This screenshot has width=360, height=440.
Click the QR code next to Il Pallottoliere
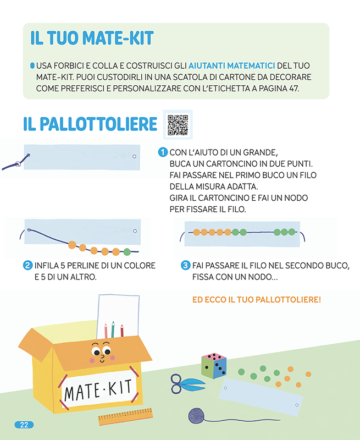coord(178,125)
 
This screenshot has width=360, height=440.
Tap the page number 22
coord(24,425)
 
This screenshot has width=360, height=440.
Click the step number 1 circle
coord(163,152)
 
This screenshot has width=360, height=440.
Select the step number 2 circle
coord(27,265)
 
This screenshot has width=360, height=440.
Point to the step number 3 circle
coord(185,265)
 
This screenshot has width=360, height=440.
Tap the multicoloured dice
coord(214,366)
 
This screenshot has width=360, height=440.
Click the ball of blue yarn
coord(197,416)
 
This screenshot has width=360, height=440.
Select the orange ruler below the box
coord(126,416)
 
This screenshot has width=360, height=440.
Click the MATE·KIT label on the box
coord(98,390)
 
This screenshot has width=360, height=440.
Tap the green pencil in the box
coord(113,329)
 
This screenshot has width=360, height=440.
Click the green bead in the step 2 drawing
coord(127,252)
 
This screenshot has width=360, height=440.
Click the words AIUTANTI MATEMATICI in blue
coord(231,65)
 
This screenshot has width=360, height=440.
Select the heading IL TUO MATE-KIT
coord(92,38)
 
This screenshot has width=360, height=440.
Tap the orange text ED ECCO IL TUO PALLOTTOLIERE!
coord(257,300)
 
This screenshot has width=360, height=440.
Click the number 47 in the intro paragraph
coord(293,89)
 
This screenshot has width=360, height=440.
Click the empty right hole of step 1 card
coord(134,156)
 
